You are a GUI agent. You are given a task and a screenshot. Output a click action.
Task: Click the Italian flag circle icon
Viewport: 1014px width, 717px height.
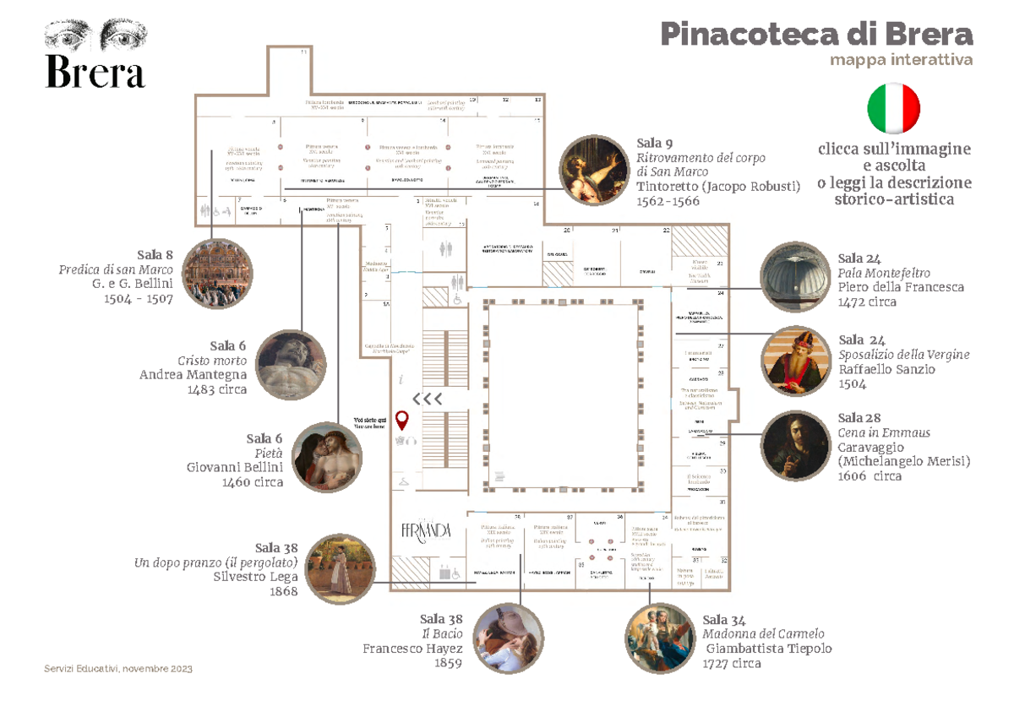[893, 109]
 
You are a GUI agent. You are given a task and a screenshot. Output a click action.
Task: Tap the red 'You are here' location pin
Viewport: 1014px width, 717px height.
[402, 420]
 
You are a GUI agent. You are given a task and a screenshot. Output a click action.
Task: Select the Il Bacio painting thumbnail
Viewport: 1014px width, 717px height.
[509, 638]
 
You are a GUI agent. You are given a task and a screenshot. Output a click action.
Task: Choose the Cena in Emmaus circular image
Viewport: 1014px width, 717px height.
[795, 445]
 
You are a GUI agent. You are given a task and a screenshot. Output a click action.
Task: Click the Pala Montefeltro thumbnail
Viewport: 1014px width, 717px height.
[795, 277]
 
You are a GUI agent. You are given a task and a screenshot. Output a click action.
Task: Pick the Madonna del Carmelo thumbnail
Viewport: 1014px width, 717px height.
[659, 638]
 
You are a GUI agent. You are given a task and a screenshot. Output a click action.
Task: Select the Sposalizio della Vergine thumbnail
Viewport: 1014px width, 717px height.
[795, 360]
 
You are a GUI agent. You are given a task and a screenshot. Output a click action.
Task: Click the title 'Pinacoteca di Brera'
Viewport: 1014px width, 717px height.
[816, 35]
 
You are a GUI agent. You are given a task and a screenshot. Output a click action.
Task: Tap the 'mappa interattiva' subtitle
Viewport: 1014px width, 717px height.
[901, 61]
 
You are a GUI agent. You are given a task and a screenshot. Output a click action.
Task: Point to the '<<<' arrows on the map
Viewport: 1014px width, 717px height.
[427, 399]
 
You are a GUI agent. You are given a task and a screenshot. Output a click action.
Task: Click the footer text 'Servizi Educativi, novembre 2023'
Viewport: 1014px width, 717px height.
[118, 669]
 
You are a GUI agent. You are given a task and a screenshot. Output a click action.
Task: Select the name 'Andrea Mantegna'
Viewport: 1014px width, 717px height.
[193, 375]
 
